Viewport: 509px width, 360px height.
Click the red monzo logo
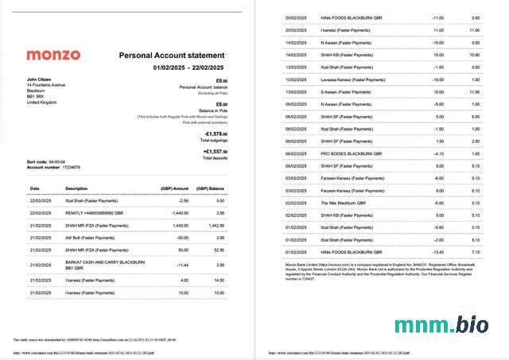53,55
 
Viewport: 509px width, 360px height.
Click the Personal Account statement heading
171,56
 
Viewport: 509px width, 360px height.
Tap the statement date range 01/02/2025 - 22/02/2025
188,68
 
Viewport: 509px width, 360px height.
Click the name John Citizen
40,79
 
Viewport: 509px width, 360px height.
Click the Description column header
76,188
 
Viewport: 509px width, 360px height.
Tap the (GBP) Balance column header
212,188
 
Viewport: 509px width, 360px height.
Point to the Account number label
45,168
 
